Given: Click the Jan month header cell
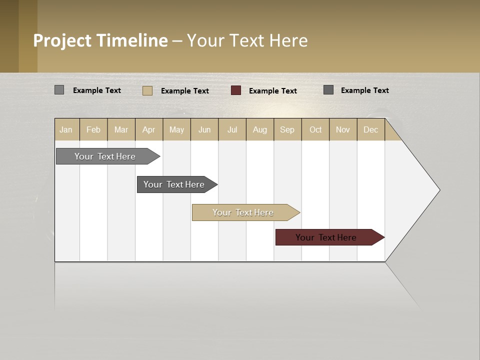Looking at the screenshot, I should (66, 129).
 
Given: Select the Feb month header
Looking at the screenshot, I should (93, 129).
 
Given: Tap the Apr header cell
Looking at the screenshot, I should (149, 129).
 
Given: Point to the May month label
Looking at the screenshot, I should (176, 129).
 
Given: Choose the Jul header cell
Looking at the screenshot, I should (232, 129).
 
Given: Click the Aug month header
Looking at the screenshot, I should (260, 129).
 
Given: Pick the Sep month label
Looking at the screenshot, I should (287, 129).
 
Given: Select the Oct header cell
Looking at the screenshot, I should (315, 129).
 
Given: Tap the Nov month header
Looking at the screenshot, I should (343, 129).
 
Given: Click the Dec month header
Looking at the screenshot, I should (370, 129).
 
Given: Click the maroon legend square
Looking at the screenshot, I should (236, 90).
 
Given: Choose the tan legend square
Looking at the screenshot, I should (147, 90).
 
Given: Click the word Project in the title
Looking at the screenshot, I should (62, 40).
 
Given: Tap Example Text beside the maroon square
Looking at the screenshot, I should (273, 91).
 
